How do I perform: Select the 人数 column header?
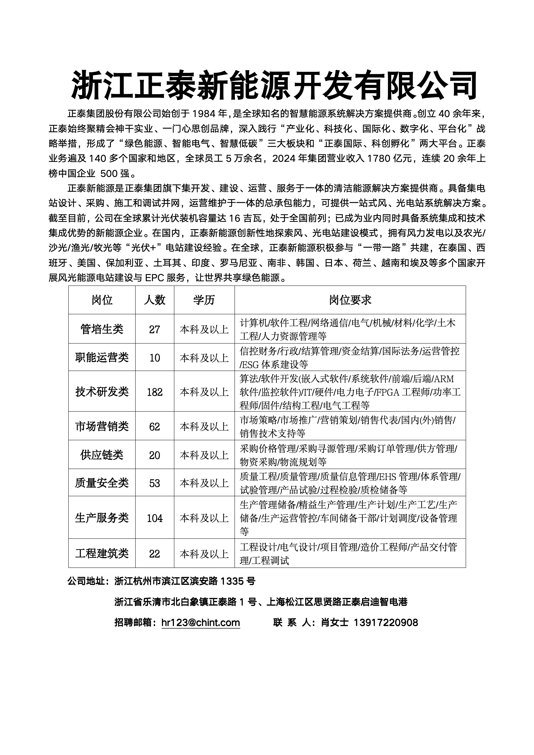click(x=155, y=300)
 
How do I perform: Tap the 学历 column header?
click(x=204, y=300)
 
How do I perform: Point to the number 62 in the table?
click(x=155, y=426)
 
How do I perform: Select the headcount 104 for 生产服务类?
click(x=155, y=518)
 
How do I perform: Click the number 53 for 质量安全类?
click(x=155, y=483)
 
